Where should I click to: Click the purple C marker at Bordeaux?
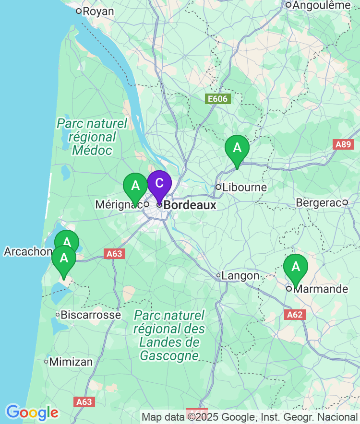159,183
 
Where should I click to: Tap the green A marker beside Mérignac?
135,186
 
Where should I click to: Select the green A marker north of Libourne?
237,148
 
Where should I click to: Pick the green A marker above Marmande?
296,267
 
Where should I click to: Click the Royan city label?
98,11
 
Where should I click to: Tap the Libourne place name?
244,187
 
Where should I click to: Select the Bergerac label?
318,202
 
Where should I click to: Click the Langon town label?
240,276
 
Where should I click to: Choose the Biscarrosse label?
91,315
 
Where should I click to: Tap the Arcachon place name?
27,251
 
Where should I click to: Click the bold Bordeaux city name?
190,205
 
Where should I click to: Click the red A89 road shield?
343,144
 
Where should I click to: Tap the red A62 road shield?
295,315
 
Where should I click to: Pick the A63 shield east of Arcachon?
114,254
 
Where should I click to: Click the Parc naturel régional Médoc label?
92,137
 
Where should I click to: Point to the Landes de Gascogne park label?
169,335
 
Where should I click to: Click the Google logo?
32,412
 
